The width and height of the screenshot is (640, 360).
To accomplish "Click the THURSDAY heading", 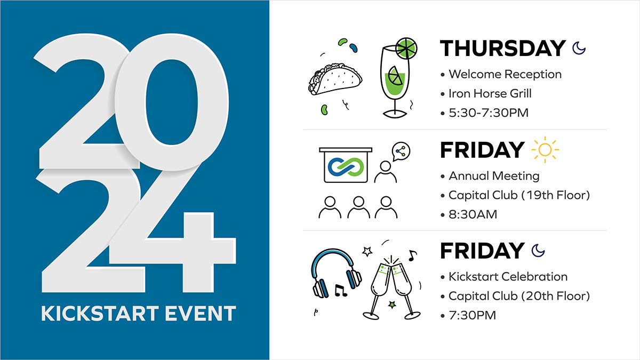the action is click(x=502, y=48).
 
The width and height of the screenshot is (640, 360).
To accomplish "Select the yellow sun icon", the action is click(x=545, y=149).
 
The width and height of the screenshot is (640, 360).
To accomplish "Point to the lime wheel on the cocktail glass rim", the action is click(x=406, y=49).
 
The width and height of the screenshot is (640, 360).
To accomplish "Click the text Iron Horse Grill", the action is click(x=490, y=93).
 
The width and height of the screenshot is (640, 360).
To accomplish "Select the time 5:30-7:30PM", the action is click(x=489, y=113).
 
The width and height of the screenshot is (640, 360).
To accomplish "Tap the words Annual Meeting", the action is click(x=494, y=176).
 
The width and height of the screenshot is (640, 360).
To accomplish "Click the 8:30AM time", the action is click(x=473, y=214).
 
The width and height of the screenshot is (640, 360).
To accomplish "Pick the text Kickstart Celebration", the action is click(x=508, y=277).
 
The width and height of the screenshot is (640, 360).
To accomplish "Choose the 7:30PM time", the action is click(x=473, y=315).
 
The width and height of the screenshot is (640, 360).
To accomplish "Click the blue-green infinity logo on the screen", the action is click(x=346, y=167).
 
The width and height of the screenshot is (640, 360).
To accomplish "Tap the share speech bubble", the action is click(x=401, y=151).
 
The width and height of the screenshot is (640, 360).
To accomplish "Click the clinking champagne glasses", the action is click(x=391, y=289).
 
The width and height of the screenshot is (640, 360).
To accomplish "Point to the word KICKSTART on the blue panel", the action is click(x=100, y=314).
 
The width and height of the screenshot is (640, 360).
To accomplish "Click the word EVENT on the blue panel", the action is click(x=201, y=314).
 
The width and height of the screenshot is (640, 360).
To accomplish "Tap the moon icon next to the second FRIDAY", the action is click(x=538, y=251).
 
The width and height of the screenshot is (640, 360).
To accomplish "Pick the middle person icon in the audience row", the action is click(x=358, y=208).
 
